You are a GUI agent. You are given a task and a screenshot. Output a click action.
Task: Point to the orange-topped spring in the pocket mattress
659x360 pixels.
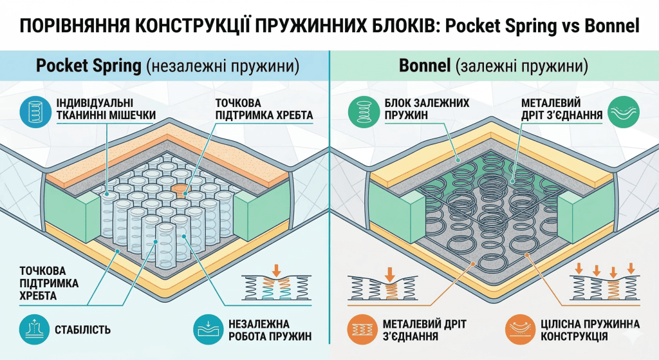(x=181, y=190)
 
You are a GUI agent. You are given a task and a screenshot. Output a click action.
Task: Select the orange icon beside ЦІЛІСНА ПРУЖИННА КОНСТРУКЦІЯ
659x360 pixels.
(x=519, y=328)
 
